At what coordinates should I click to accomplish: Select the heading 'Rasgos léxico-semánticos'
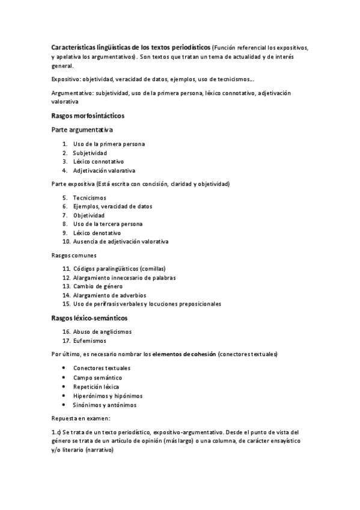90,318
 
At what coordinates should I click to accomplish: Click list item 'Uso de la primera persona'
109,144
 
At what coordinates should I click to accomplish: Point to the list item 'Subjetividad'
90,153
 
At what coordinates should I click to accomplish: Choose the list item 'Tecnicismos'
90,197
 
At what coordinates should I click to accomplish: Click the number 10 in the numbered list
66,242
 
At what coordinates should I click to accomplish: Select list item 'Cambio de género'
98,286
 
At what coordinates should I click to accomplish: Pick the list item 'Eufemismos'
90,340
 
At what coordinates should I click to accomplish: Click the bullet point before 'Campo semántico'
64,377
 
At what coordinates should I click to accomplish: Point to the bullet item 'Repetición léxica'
96,386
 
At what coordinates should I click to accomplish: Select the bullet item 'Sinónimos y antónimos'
105,405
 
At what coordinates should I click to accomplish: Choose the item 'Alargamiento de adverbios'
109,295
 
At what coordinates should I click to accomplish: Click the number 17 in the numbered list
66,340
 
